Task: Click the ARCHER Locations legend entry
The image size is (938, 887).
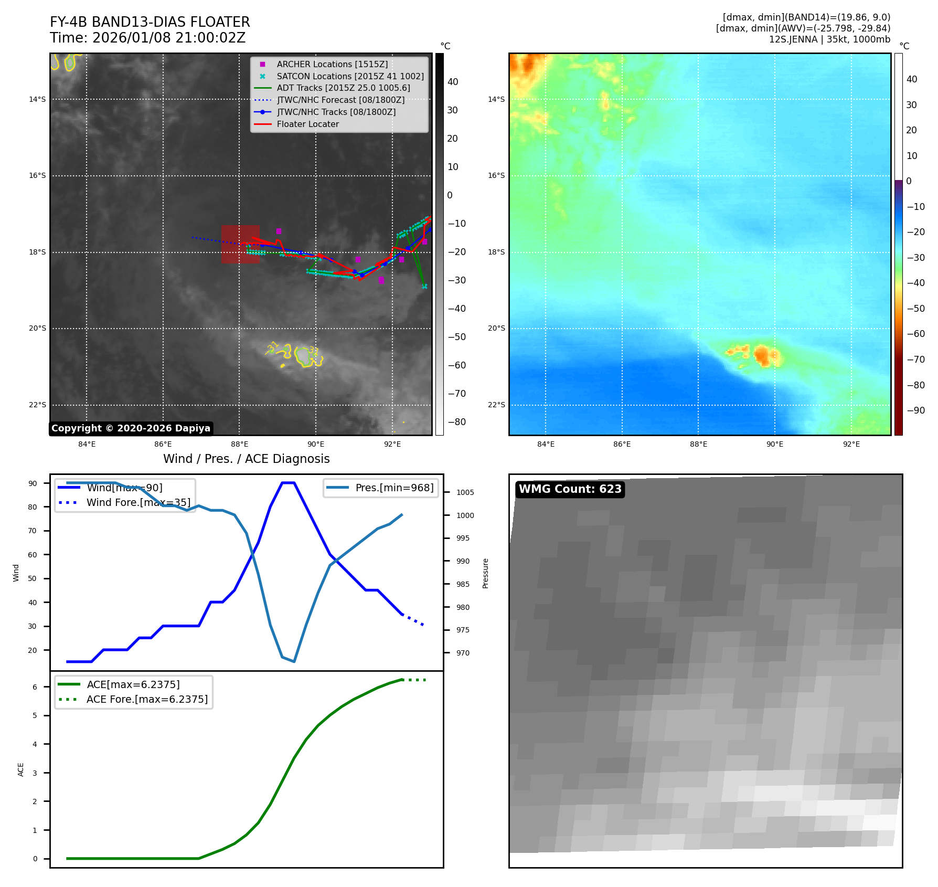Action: coord(332,64)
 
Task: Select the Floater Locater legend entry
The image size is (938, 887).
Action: coord(307,124)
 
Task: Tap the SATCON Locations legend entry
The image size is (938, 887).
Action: coord(350,76)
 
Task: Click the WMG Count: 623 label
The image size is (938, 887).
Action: coord(570,489)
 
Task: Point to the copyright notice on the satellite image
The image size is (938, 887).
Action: coord(131,428)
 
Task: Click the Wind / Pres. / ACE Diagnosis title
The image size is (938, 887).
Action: coord(246,459)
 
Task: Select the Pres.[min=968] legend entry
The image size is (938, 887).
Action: coord(394,488)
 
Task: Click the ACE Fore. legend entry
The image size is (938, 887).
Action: coord(147,699)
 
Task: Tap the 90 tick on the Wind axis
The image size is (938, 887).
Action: coord(33,483)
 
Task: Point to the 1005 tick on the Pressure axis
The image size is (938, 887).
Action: coord(465,492)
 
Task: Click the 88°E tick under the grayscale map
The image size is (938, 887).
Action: coord(239,444)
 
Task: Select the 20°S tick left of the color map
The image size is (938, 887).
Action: coord(496,329)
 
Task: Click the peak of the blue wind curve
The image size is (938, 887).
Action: coord(288,482)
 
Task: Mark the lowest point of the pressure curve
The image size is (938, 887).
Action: coord(294,661)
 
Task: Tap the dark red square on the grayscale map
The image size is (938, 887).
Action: coord(240,244)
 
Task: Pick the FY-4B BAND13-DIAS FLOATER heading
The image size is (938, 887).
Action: coord(150,22)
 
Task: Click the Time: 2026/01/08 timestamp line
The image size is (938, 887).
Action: coord(147,38)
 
